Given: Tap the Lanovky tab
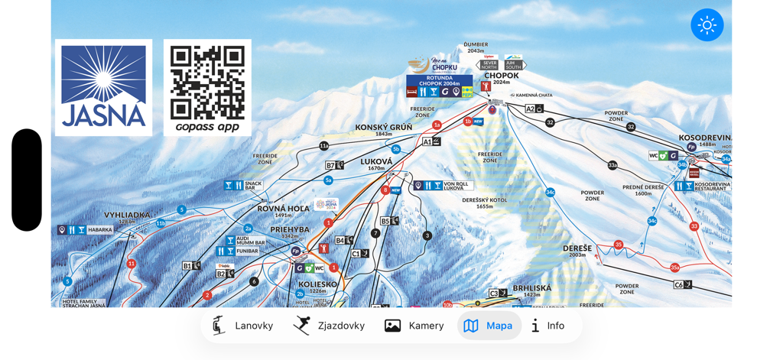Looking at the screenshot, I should coord(242,326).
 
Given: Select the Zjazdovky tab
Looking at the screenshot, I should coord(330,326).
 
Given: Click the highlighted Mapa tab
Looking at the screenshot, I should coord(489,326).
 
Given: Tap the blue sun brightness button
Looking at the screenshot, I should coord(707,25).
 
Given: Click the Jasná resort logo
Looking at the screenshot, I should coord(103,87).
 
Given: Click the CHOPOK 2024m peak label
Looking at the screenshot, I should coord(502,77).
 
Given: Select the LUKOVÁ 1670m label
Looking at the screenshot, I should coord(376,163).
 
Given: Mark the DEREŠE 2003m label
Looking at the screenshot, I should coord(578,250).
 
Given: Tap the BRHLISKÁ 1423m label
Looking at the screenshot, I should coord(531,290).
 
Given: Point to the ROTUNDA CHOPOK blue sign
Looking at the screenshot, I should coord(439,80).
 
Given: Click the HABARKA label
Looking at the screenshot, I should coord(99,229).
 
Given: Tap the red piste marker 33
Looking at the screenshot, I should coord(694,226).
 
